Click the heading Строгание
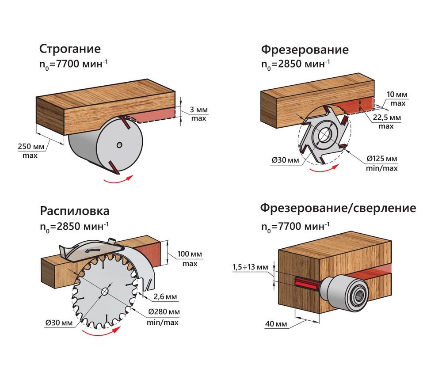(70, 49)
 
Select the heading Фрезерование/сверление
(338, 208)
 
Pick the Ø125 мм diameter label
(382, 159)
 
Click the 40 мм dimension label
(276, 325)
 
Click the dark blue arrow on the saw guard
(93, 250)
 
